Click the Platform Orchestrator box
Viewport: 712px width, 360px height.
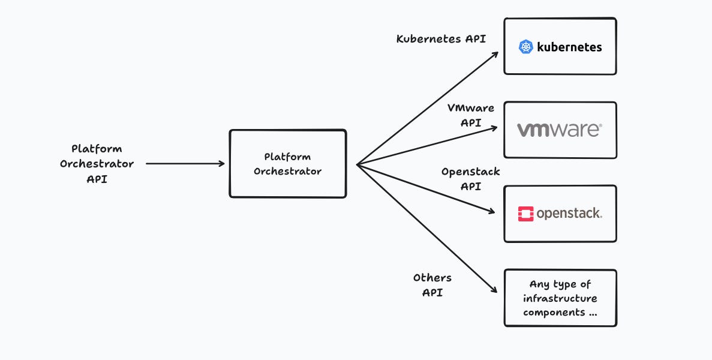[x=287, y=163]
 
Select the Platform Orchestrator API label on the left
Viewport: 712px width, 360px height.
[x=97, y=163]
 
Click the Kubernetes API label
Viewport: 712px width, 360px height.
[x=441, y=39]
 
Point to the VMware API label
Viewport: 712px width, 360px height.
[x=471, y=115]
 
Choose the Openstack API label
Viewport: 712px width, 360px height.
[x=471, y=179]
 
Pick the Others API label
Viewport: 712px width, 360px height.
[x=432, y=286]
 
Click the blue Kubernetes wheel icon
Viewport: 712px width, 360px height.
[x=526, y=47]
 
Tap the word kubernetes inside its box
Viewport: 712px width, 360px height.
[x=569, y=47]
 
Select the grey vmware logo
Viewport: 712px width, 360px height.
[x=559, y=130]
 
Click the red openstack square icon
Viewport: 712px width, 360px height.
[x=526, y=214]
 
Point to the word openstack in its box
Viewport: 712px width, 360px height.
[x=569, y=214]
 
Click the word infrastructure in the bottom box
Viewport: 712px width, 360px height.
[x=560, y=298]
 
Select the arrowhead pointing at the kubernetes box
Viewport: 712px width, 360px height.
[x=495, y=54]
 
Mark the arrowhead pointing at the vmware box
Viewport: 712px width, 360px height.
[x=494, y=128]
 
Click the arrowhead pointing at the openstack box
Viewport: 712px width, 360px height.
[x=491, y=211]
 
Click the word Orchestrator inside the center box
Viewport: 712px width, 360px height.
[x=287, y=171]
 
